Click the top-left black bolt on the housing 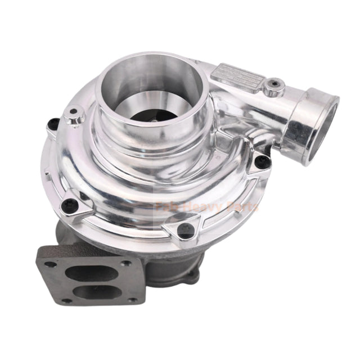click(54, 123)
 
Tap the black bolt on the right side click(260, 163)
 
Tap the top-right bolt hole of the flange click(127, 263)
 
